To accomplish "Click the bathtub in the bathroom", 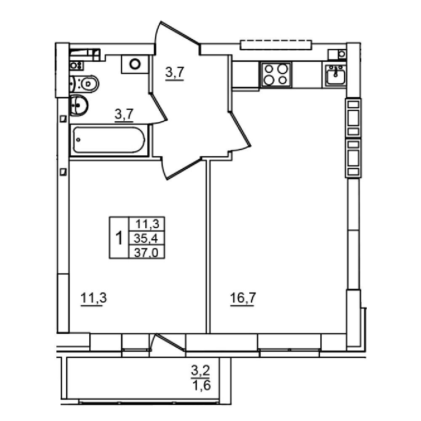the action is [109, 140].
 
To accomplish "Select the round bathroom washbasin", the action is [79, 105].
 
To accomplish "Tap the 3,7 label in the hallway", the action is [175, 72].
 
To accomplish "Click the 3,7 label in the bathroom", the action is [124, 115].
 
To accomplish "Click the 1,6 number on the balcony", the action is [201, 386].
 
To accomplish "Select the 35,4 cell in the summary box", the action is [147, 238].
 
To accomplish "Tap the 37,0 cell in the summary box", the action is [147, 252].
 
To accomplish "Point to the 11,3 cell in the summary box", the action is [147, 224].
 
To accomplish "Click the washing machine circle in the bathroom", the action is [135, 64].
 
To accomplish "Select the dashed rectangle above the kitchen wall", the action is [276, 45].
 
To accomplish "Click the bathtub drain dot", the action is [78, 140].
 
